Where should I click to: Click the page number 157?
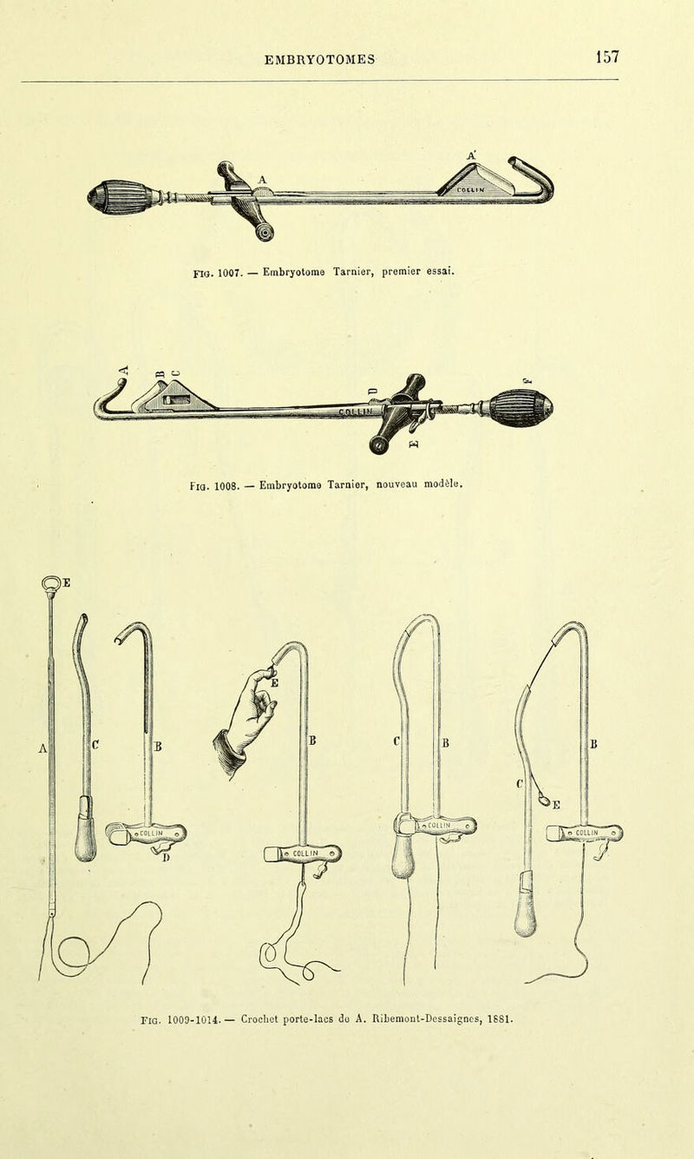[x=607, y=56]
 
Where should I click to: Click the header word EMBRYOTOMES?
[x=319, y=60]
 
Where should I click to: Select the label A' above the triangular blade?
[x=471, y=155]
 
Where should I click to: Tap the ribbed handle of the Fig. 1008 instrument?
[x=520, y=408]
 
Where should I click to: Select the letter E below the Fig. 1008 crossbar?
[x=414, y=444]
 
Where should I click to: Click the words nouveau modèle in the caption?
[x=418, y=484]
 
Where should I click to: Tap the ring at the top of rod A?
[x=50, y=583]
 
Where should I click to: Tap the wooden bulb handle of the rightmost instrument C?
[x=526, y=913]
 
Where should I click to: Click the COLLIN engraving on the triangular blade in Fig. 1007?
[x=470, y=190]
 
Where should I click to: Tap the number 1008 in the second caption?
[x=226, y=486]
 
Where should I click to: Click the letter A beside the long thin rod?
[x=43, y=747]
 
